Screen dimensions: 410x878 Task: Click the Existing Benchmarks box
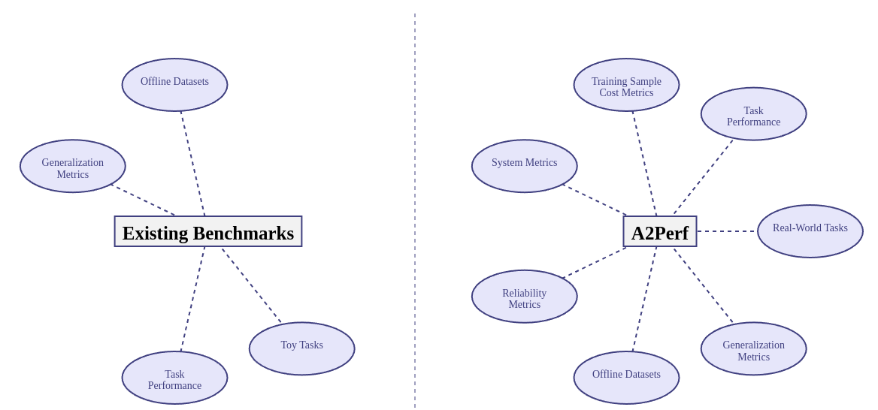tap(207, 231)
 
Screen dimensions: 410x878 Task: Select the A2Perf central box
tap(659, 231)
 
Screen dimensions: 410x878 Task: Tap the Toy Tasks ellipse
tap(301, 348)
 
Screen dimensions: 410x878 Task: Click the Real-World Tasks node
tap(810, 231)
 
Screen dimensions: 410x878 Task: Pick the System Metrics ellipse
tap(524, 166)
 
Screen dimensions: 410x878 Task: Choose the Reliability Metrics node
tap(524, 297)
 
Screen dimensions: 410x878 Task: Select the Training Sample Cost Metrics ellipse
tap(626, 85)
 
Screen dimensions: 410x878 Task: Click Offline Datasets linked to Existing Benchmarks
tap(174, 85)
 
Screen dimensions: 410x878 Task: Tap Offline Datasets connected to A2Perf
tap(626, 378)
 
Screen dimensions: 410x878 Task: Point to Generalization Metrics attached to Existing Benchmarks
tap(72, 166)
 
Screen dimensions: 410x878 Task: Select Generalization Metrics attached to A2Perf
tap(753, 348)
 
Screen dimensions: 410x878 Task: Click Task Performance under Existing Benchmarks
tap(174, 378)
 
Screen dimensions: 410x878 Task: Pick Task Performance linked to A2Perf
tap(753, 113)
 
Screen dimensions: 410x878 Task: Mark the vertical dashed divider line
tap(415, 210)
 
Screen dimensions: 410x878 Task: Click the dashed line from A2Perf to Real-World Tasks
tap(726, 231)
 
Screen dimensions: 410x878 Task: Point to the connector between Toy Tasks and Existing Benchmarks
tap(251, 285)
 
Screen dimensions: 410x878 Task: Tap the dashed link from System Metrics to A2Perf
tap(594, 200)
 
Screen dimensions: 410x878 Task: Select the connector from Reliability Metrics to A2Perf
tap(594, 264)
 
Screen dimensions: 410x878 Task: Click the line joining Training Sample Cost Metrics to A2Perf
tap(644, 163)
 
